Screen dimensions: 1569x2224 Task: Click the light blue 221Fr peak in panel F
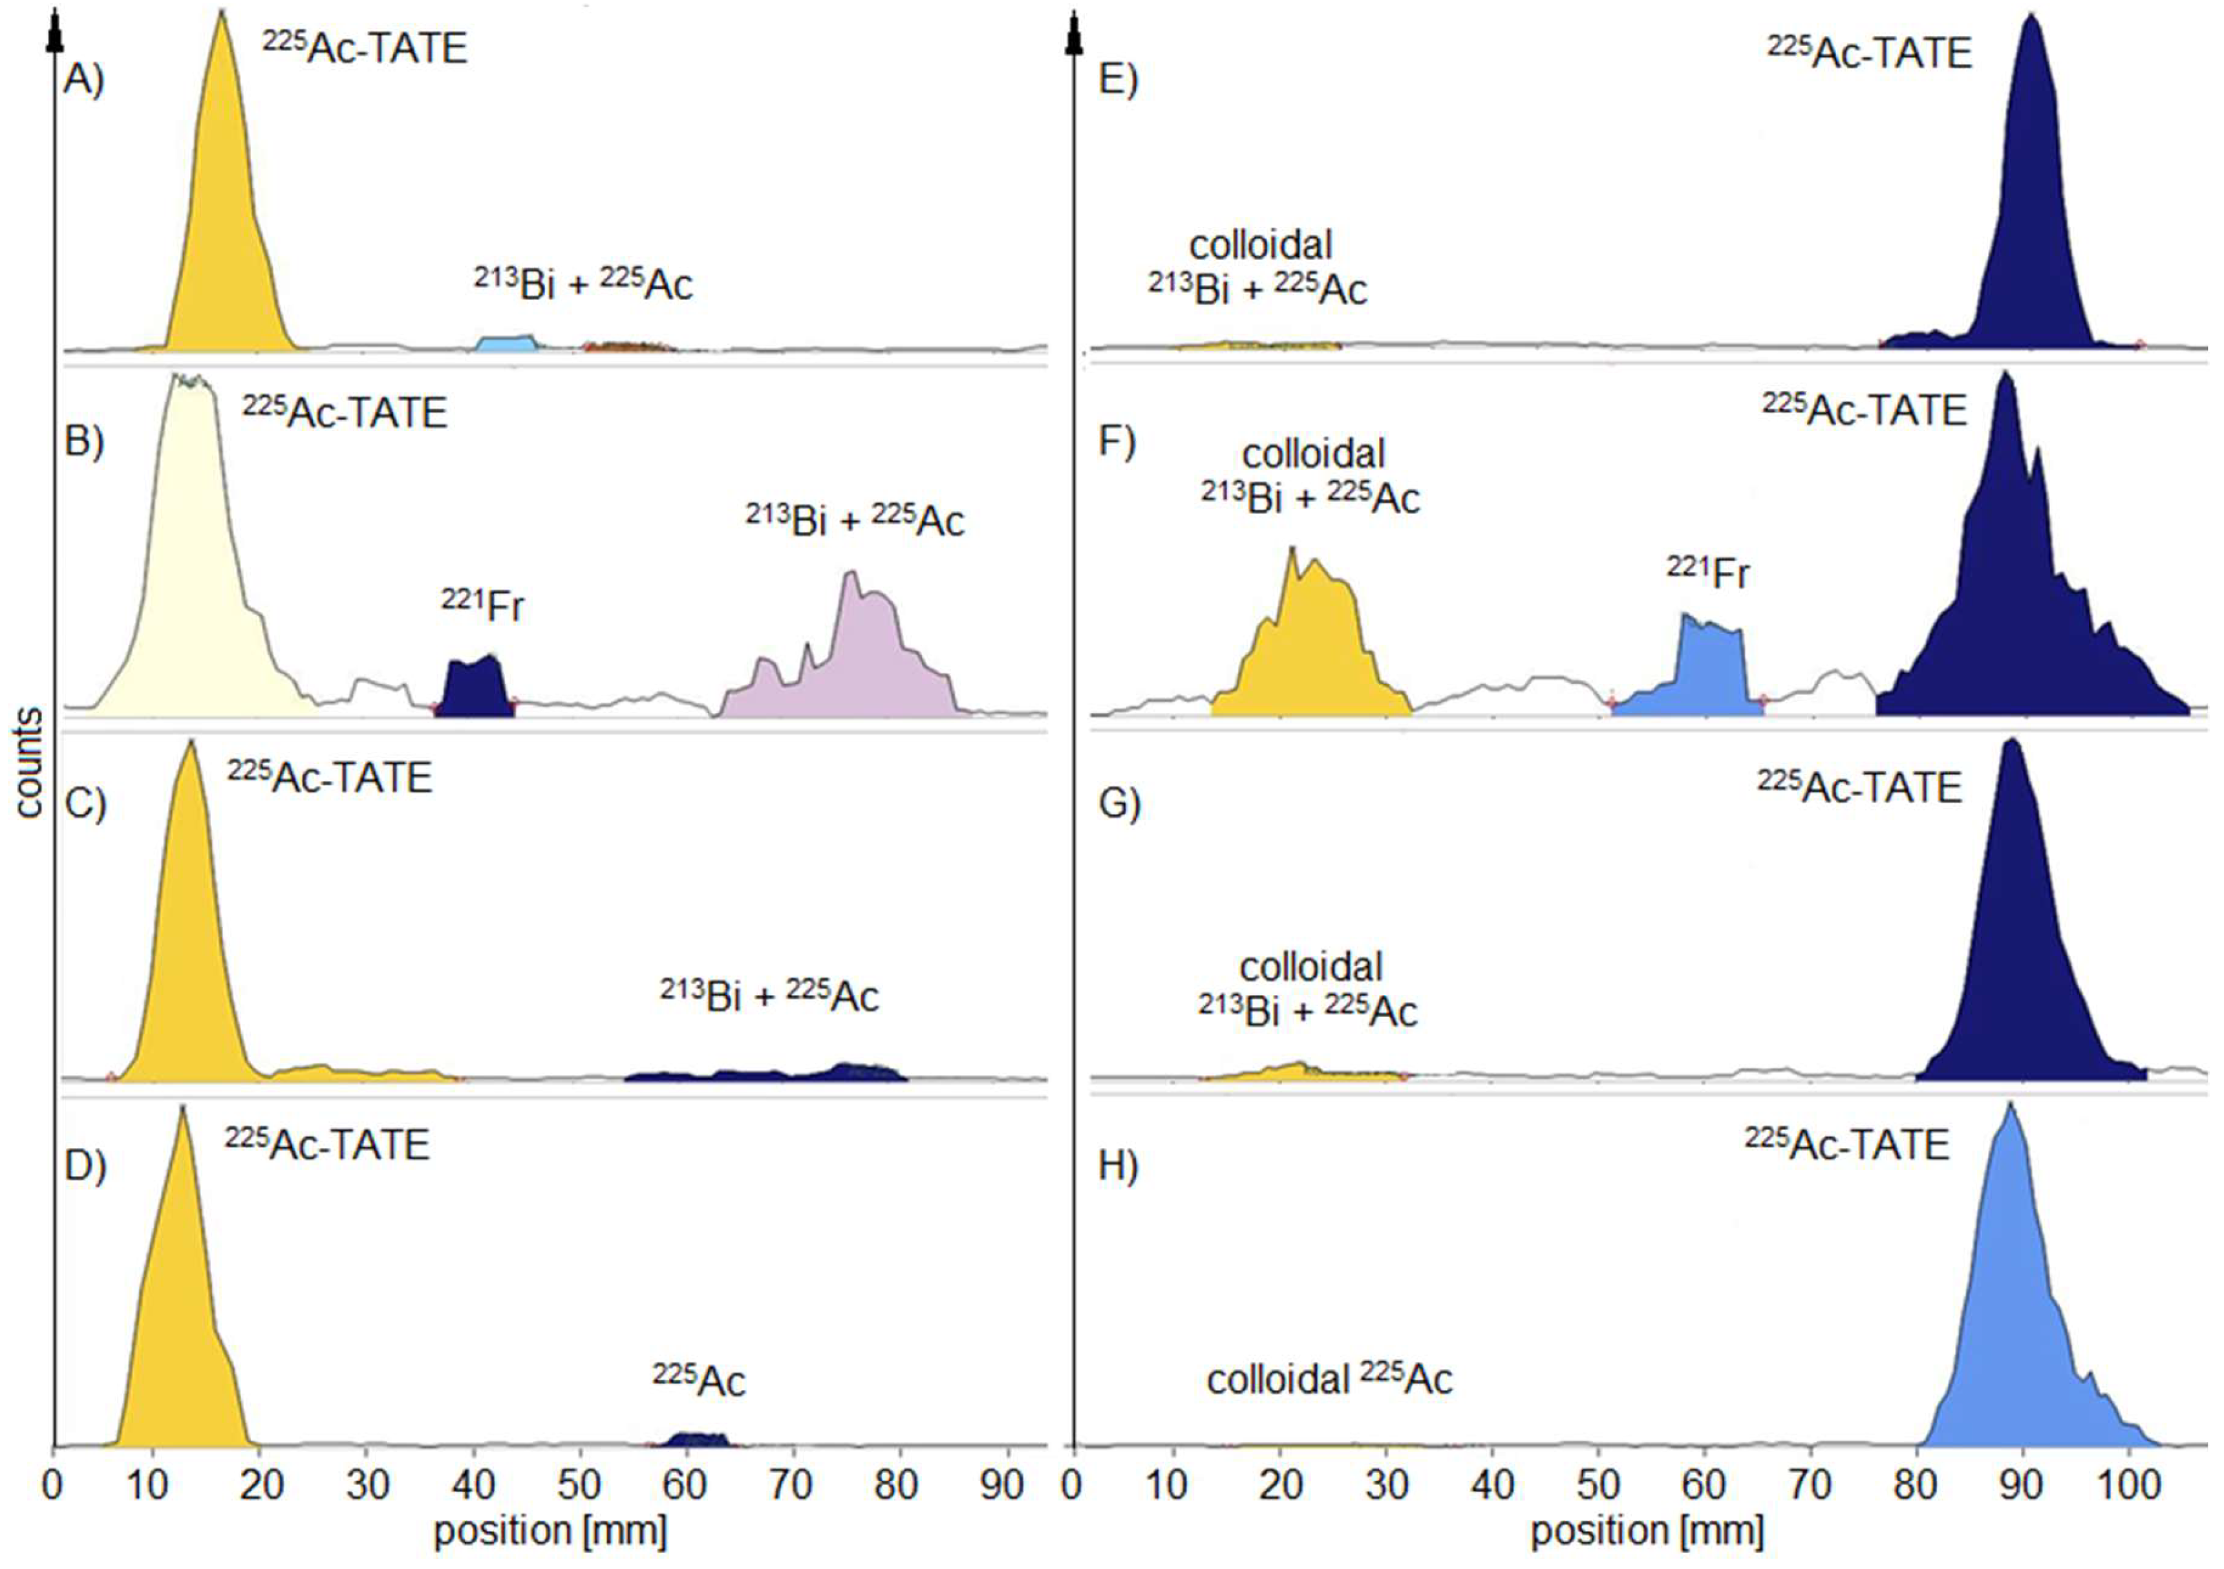tap(1709, 668)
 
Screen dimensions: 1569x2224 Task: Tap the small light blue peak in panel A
tap(508, 344)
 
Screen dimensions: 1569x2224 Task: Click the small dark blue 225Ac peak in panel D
tap(690, 1439)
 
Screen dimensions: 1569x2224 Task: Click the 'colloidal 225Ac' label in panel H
tap(1329, 1379)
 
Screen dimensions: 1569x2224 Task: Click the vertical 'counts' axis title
tap(29, 765)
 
